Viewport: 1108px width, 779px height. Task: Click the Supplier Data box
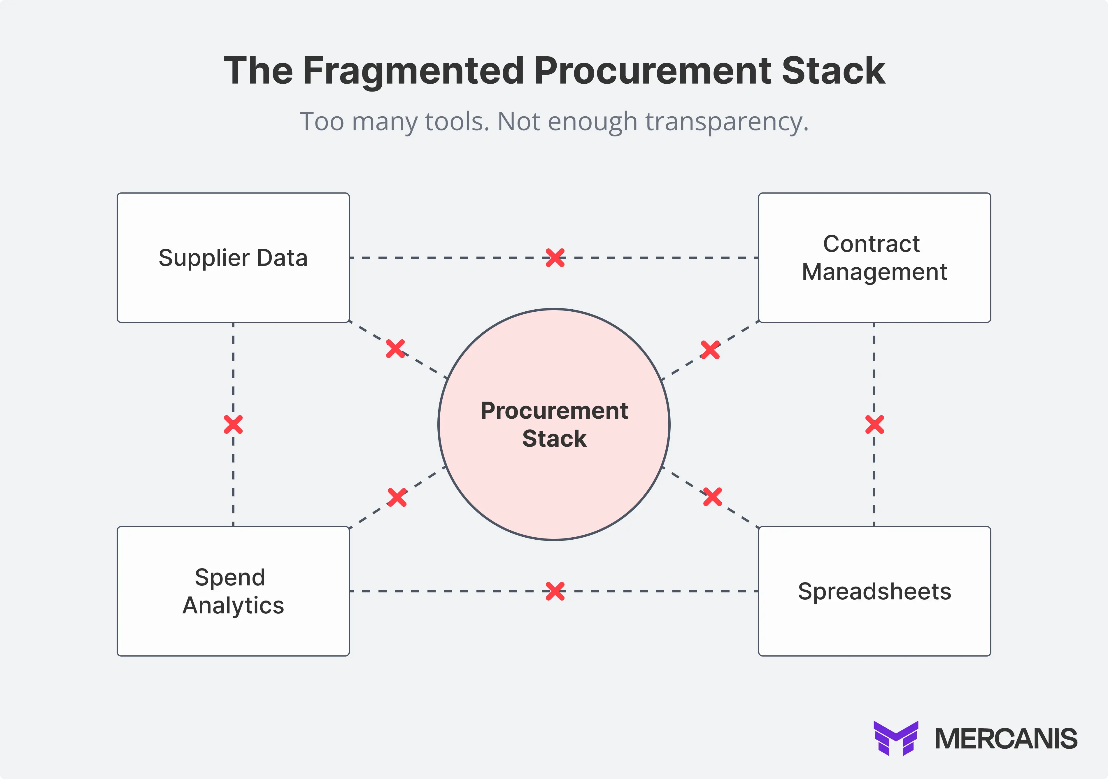tap(233, 258)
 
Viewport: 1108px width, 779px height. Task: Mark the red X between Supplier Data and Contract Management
tap(555, 258)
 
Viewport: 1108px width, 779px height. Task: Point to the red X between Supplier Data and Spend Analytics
tap(233, 425)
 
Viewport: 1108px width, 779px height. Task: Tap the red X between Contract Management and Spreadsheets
tap(874, 425)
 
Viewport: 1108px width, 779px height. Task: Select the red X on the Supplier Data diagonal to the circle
tap(395, 348)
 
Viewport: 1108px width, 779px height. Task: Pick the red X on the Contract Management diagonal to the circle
tap(710, 350)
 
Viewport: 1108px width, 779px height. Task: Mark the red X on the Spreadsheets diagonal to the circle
tap(712, 497)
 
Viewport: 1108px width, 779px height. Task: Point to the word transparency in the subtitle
tap(726, 122)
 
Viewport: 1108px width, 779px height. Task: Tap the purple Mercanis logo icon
tap(896, 738)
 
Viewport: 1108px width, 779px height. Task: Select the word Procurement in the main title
tap(653, 71)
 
